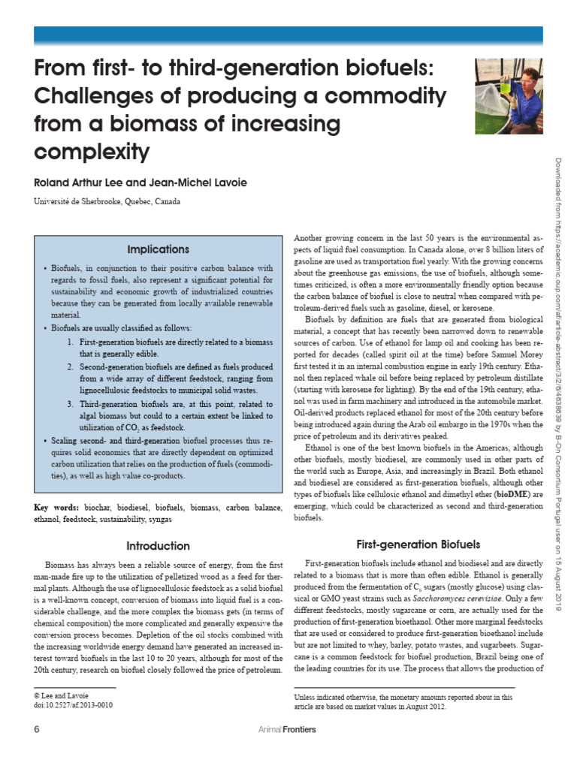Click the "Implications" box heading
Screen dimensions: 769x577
pyautogui.click(x=158, y=249)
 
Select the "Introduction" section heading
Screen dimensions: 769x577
pyautogui.click(x=158, y=545)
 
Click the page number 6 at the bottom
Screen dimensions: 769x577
pyautogui.click(x=37, y=729)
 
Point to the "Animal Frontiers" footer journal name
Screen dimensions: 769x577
pyautogui.click(x=286, y=730)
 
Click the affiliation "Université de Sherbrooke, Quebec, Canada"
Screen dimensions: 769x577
pyautogui.click(x=107, y=201)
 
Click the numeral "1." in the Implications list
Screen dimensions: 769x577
pyautogui.click(x=70, y=342)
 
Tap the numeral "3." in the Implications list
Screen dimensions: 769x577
pyautogui.click(x=70, y=405)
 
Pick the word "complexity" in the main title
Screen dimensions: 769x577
pyautogui.click(x=92, y=152)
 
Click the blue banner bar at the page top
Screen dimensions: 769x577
pyautogui.click(x=288, y=36)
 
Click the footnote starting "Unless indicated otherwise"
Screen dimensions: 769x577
pyautogui.click(x=403, y=701)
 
